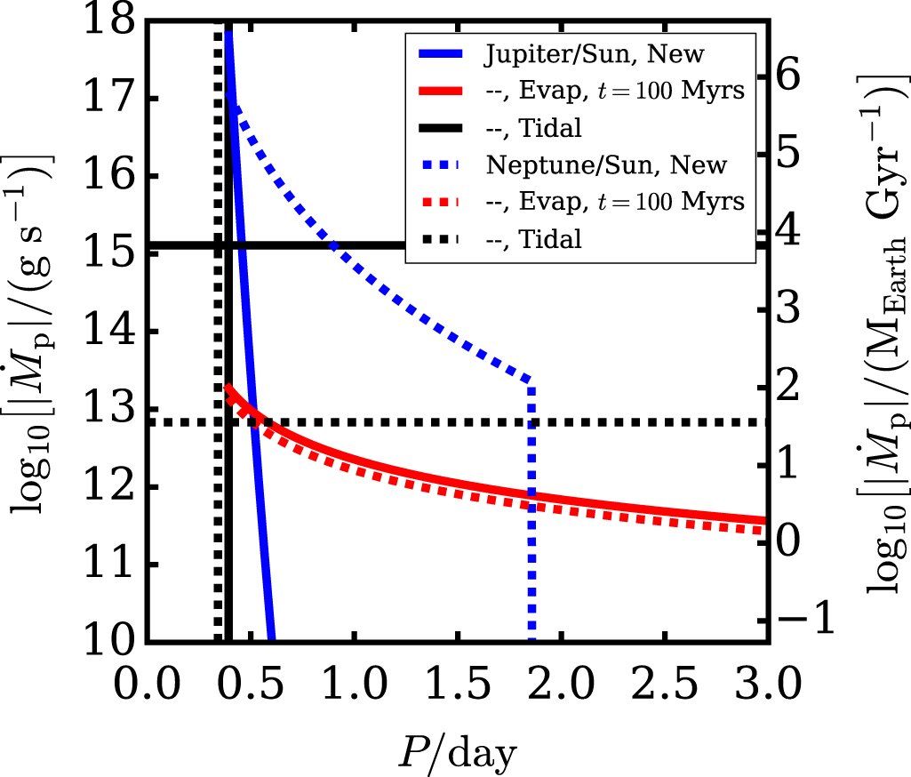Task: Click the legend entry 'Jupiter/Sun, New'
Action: point(594,54)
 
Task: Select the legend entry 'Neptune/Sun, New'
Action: point(606,165)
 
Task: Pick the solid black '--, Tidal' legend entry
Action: point(532,128)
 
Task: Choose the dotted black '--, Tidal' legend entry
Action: point(532,238)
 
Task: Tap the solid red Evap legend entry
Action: point(614,92)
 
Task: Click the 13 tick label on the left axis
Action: point(112,410)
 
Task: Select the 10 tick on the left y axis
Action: point(112,640)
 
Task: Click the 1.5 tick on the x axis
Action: point(454,684)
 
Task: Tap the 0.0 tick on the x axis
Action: point(146,684)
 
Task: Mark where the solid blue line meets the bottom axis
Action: point(270,638)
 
